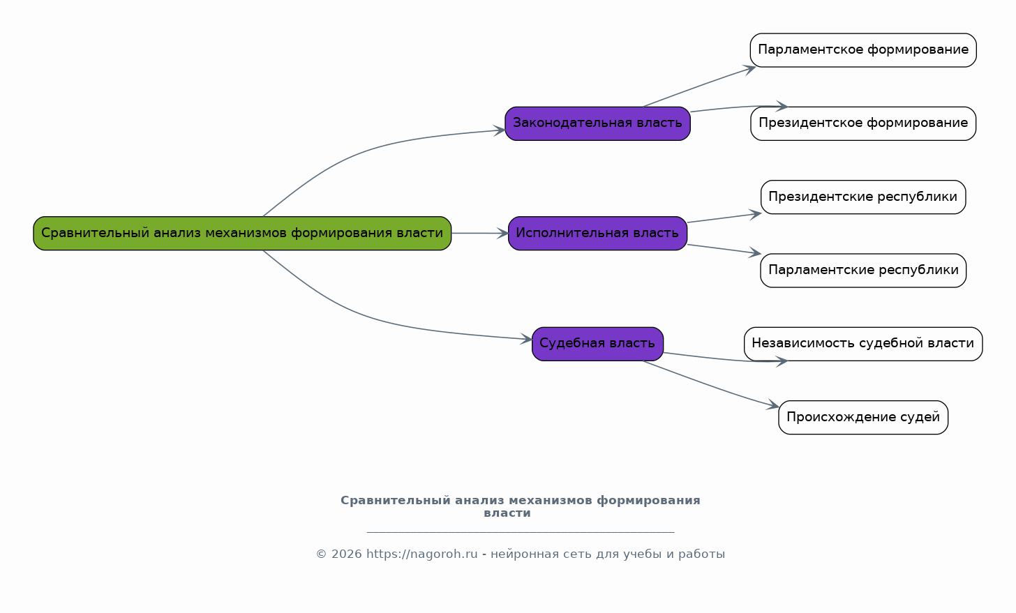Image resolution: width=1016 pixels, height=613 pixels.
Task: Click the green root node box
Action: pos(242,233)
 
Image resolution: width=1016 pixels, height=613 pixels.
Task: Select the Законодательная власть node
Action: pos(597,123)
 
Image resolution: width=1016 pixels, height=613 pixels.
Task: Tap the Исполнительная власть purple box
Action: pos(597,233)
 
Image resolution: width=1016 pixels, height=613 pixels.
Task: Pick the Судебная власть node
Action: pos(597,344)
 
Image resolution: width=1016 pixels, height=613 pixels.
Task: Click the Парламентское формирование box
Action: pos(863,50)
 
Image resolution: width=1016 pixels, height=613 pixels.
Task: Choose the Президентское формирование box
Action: pos(863,123)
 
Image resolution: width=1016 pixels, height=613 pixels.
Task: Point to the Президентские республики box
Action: pos(863,197)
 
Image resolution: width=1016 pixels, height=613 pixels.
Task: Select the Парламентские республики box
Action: pos(863,270)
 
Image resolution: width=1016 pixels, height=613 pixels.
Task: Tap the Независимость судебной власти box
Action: pos(863,344)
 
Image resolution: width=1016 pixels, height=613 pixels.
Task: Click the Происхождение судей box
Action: pos(863,417)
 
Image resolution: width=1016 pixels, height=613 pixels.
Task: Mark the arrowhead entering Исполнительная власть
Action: pos(502,234)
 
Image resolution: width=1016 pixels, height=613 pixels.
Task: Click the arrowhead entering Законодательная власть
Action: pos(500,130)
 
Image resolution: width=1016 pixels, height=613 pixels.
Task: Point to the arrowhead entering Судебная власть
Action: pos(526,339)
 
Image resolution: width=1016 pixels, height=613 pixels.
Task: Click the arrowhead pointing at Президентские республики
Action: pos(755,214)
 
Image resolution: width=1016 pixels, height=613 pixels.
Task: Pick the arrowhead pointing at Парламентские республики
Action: pos(755,253)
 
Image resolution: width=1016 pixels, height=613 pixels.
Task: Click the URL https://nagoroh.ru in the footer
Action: pos(421,554)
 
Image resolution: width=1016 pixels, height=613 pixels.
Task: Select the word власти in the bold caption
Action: pos(507,513)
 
